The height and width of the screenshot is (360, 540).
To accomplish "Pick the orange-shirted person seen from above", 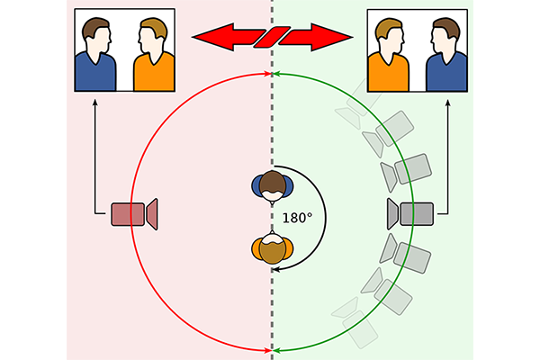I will tap(273, 249).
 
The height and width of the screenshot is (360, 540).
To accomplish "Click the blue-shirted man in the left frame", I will tap(97, 63).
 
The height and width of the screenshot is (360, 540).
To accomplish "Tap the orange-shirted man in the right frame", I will tap(390, 65).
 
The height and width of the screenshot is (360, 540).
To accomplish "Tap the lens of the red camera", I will tap(152, 214).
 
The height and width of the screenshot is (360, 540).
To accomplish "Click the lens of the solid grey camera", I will tap(393, 213).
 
